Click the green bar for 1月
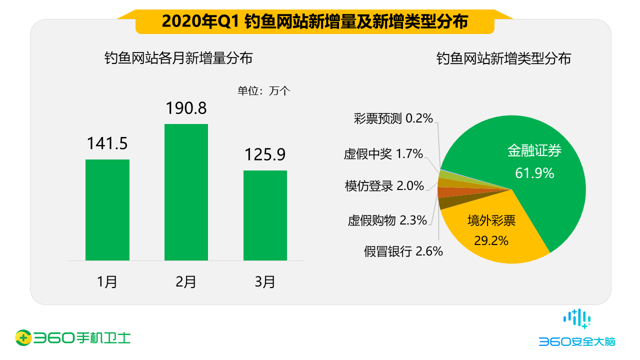[x=107, y=210]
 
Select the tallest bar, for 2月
[x=186, y=192]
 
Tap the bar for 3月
[x=265, y=215]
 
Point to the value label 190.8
[x=186, y=108]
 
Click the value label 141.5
[x=107, y=143]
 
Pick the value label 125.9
[x=265, y=154]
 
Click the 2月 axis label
[x=186, y=282]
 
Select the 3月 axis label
[x=265, y=282]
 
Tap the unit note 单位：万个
[x=263, y=91]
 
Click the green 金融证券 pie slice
[x=540, y=165]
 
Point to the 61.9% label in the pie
[x=534, y=173]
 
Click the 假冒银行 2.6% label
[x=403, y=251]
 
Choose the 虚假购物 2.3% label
[x=387, y=220]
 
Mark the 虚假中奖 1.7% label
[x=383, y=153]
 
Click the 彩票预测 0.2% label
[x=393, y=118]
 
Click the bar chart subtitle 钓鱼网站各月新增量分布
[x=178, y=58]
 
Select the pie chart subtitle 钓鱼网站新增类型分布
[x=503, y=58]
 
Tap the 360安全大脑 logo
[x=577, y=330]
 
